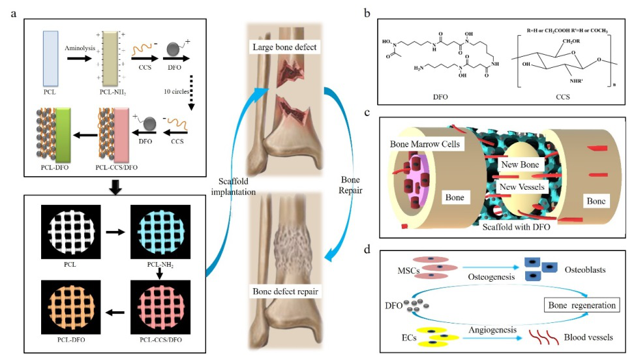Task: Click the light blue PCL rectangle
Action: click(x=52, y=58)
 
